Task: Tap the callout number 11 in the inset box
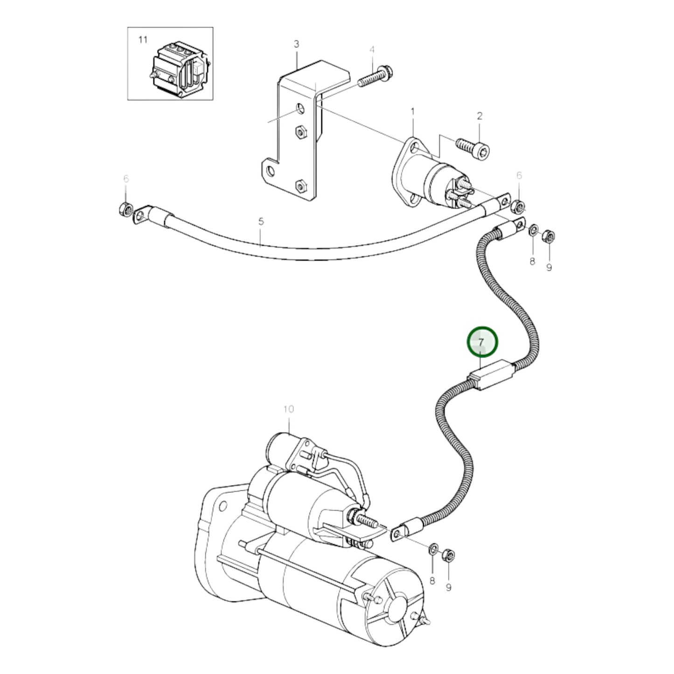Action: coord(143,40)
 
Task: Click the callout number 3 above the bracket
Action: coord(296,44)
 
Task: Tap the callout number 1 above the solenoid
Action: coord(412,111)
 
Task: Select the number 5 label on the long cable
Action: coord(261,221)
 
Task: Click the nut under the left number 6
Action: coord(125,211)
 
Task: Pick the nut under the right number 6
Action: coord(518,205)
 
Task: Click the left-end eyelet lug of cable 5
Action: coord(141,215)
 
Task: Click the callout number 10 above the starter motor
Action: coord(288,409)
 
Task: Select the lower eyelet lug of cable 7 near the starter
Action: coord(398,534)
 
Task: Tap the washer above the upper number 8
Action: coord(533,230)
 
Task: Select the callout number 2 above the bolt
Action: coord(479,116)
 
